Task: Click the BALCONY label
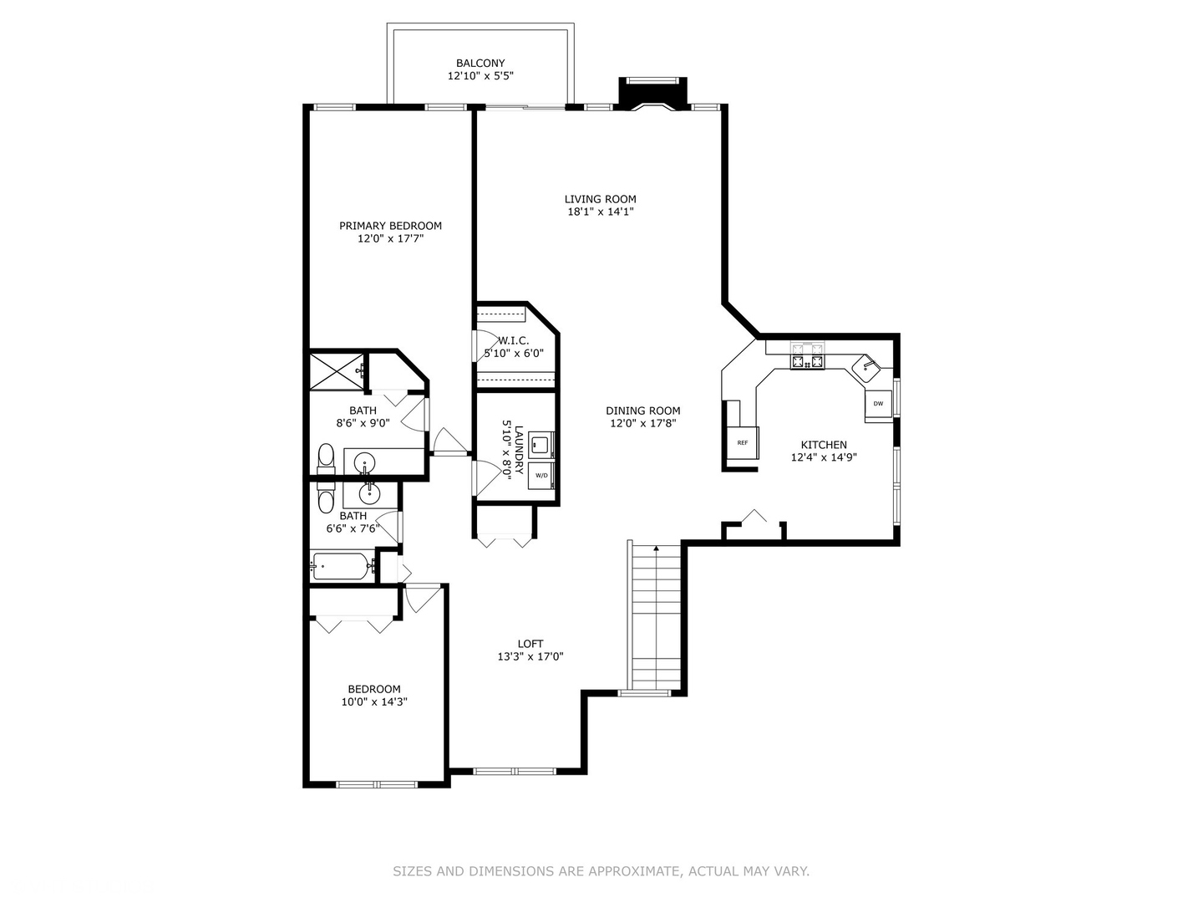tap(480, 64)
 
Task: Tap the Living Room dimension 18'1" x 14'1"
tap(601, 212)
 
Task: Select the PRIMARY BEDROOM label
tap(390, 226)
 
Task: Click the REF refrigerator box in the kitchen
tap(742, 442)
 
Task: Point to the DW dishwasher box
tap(878, 404)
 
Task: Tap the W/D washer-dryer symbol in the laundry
tap(541, 475)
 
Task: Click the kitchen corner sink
tap(867, 365)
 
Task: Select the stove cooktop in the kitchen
tap(807, 361)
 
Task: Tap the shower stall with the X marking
tap(337, 370)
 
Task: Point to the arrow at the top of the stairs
tap(657, 548)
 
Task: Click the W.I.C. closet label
tap(513, 340)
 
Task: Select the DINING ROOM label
tap(642, 411)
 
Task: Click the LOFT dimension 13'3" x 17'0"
tap(530, 657)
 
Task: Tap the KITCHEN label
tap(824, 445)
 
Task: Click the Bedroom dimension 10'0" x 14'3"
tap(374, 702)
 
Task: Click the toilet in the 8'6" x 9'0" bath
tap(326, 457)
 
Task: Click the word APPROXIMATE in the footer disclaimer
tap(633, 871)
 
